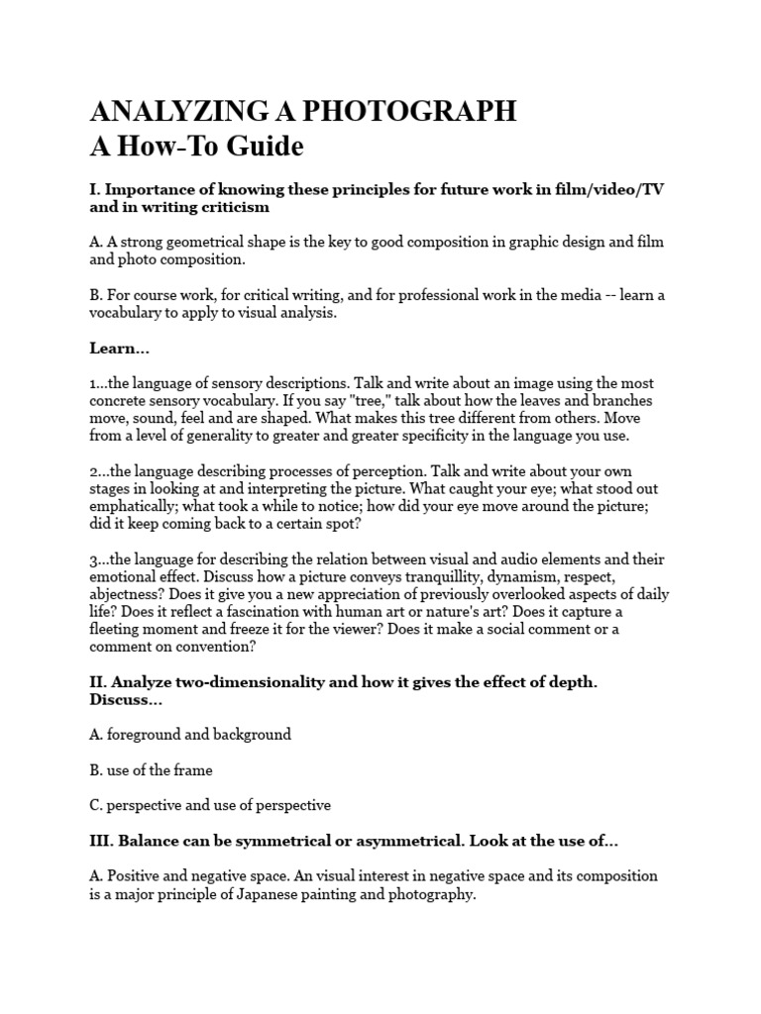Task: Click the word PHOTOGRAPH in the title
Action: [405, 111]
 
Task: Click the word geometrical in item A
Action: [215, 242]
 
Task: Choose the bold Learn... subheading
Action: [119, 348]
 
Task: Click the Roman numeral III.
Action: [101, 840]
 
